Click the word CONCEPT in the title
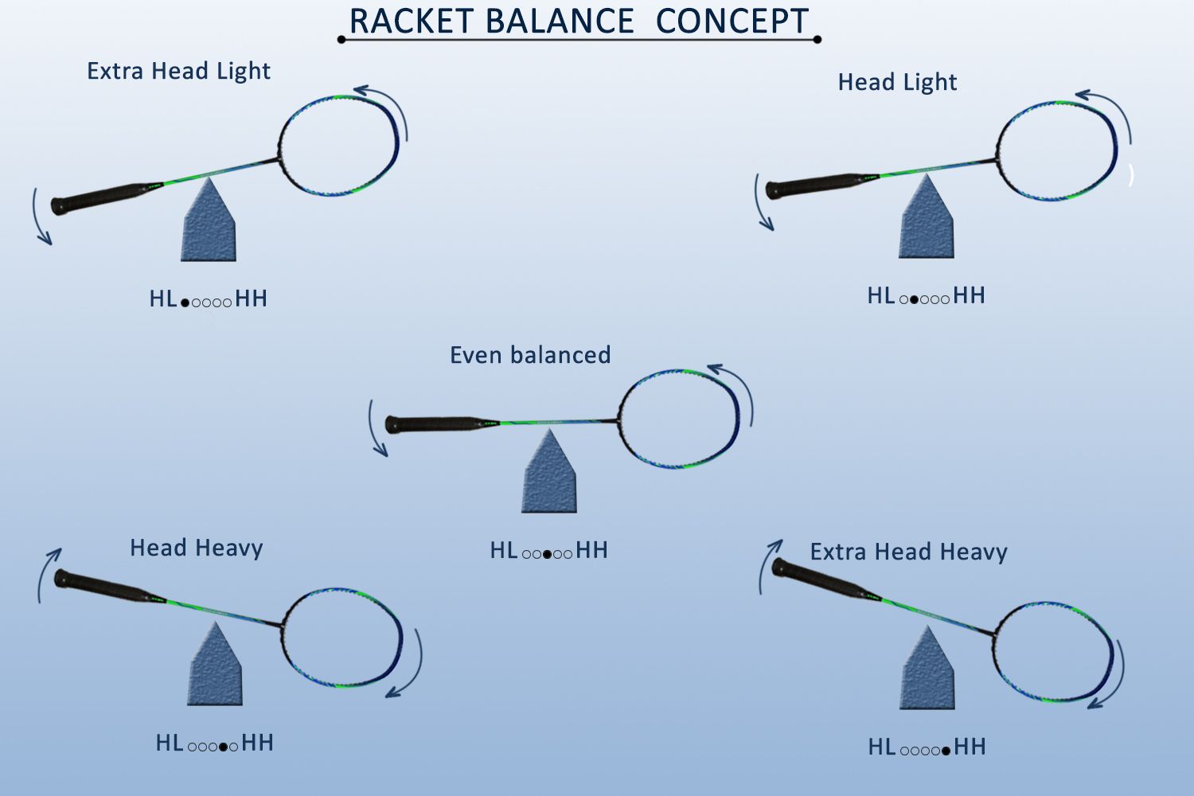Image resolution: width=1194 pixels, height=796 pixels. [x=732, y=21]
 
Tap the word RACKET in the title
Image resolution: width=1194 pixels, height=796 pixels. [x=411, y=21]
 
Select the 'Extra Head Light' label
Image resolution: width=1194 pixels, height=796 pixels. [x=178, y=72]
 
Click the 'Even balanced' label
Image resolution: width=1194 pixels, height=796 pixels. [x=530, y=355]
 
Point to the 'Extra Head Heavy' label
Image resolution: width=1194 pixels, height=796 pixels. [x=909, y=552]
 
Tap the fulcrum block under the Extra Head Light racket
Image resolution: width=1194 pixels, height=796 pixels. [x=209, y=224]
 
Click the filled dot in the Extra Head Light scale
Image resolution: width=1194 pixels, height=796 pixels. [x=185, y=302]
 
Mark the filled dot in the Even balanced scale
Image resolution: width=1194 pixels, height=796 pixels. [x=547, y=555]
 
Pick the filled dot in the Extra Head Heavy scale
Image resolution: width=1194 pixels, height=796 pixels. [x=946, y=751]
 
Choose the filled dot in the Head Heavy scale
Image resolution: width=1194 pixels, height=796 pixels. [x=224, y=747]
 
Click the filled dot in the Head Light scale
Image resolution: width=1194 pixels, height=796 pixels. [x=914, y=299]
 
